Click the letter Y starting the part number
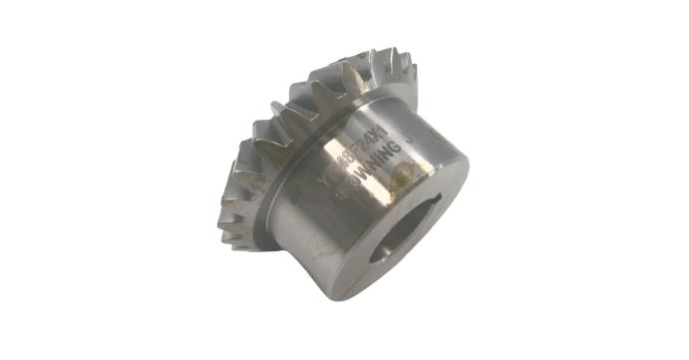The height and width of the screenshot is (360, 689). pyautogui.click(x=321, y=178)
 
